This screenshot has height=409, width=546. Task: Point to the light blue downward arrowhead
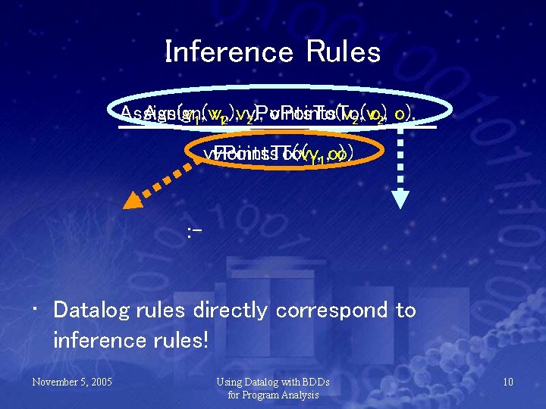click(399, 200)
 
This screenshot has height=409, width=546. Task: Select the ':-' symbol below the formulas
click(193, 229)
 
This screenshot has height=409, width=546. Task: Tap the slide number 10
click(507, 382)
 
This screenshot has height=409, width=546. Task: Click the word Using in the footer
click(230, 382)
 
